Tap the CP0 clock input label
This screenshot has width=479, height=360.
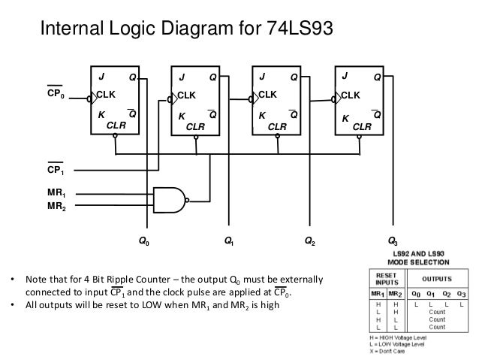56,93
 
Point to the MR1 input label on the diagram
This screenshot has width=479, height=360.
56,193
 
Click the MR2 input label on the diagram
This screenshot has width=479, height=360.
56,206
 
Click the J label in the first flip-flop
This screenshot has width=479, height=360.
100,77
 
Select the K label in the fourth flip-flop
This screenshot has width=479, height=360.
345,118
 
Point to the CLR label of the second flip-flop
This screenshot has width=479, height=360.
196,127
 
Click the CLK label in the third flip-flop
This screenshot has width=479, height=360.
268,95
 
